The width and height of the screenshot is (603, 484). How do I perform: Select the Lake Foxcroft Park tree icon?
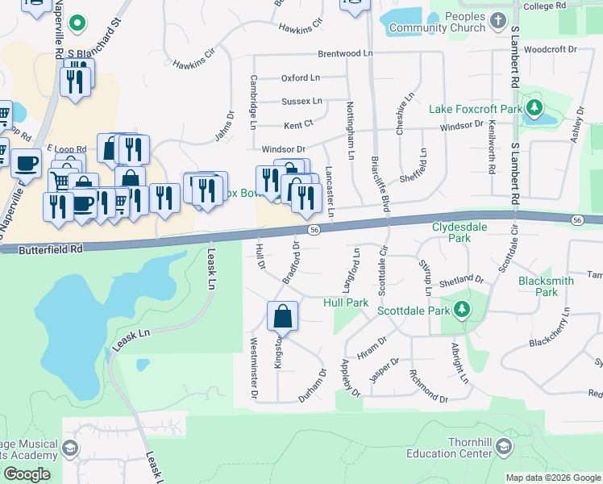[x=534, y=107]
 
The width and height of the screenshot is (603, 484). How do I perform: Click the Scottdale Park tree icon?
[x=461, y=308]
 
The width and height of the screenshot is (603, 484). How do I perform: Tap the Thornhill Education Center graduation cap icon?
[x=504, y=446]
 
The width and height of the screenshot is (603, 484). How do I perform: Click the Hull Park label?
[x=345, y=302]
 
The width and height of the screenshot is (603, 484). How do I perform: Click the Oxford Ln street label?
[x=300, y=78]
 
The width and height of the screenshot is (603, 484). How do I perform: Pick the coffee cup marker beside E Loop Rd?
[x=26, y=164]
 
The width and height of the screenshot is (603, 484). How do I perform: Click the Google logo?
[x=27, y=474]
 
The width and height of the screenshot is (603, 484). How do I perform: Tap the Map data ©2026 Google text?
[x=552, y=478]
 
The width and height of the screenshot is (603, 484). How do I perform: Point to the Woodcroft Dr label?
[x=551, y=49]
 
